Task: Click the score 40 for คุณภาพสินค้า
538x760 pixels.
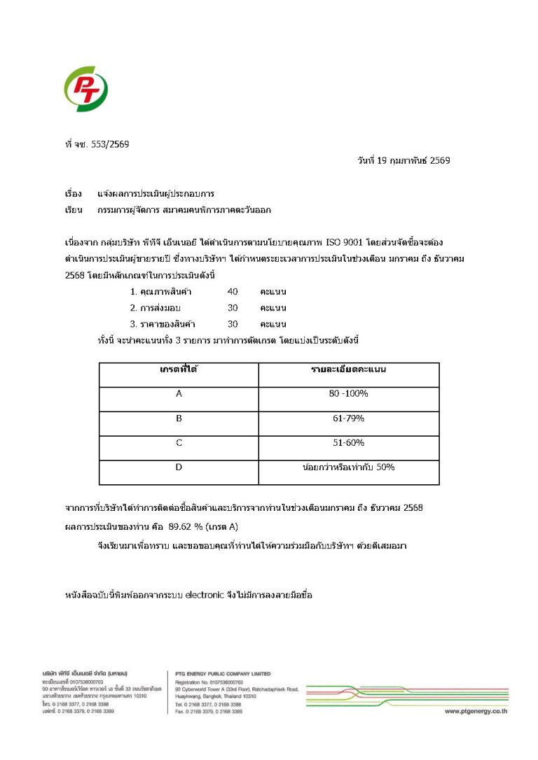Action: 233,291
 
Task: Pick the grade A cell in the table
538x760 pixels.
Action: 179,393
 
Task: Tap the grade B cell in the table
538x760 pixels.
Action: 179,418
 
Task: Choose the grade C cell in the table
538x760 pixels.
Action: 179,442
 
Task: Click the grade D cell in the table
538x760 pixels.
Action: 179,467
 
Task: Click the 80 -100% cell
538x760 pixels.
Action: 349,393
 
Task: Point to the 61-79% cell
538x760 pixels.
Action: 349,418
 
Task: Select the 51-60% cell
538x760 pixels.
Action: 349,442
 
